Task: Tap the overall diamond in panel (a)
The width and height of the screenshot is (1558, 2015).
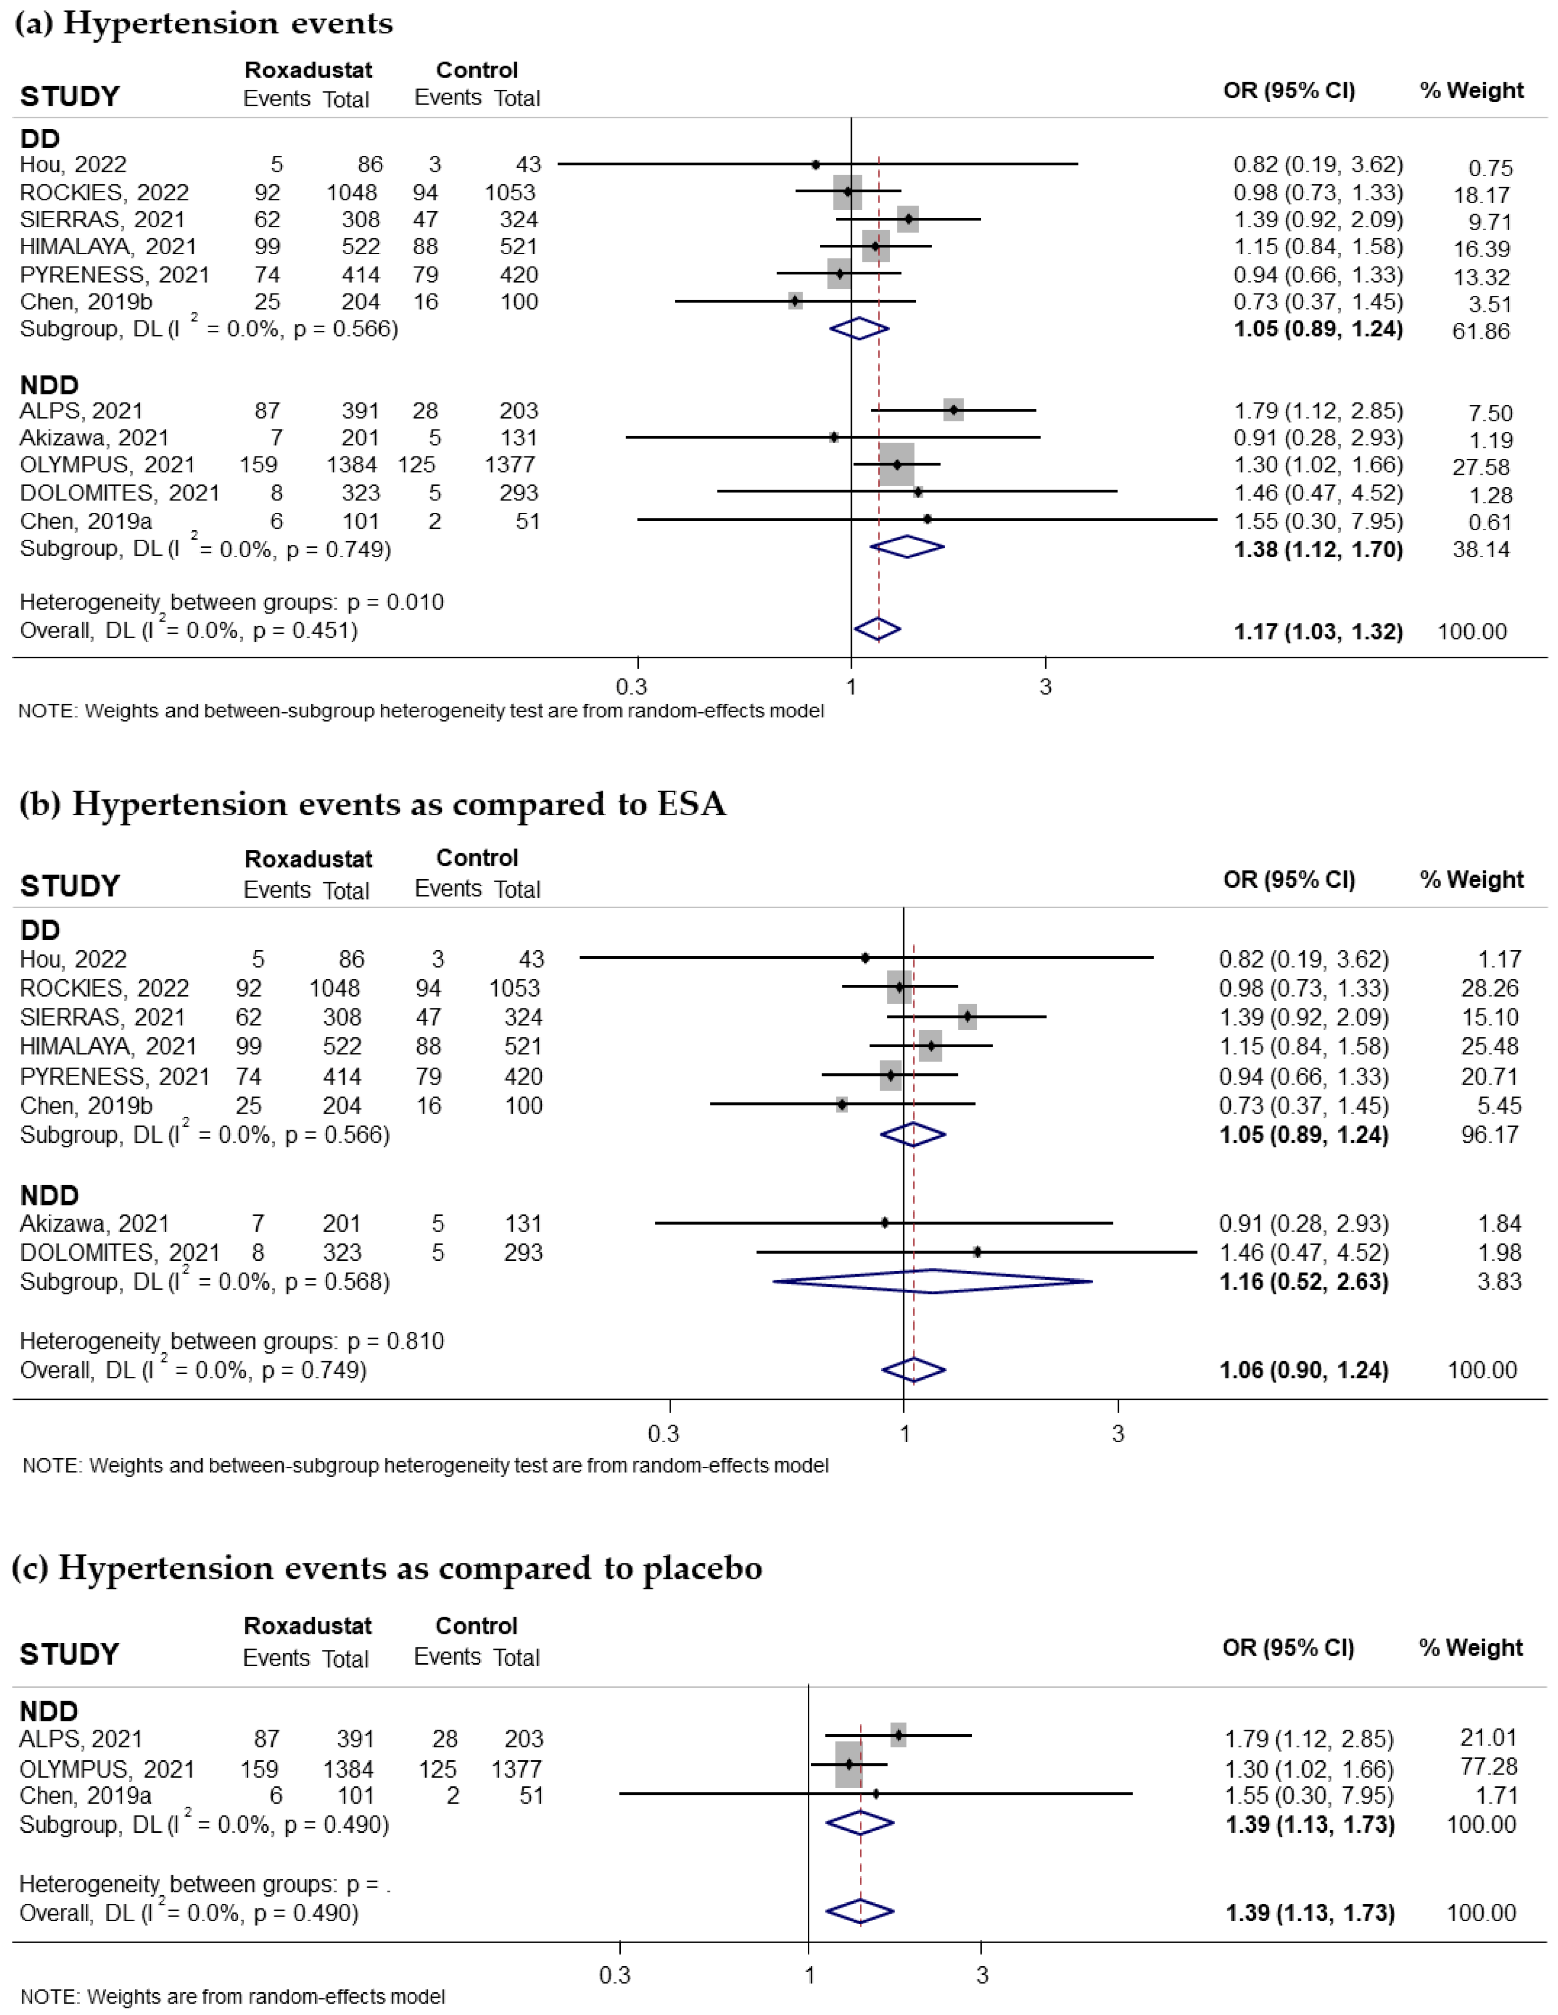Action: pos(877,629)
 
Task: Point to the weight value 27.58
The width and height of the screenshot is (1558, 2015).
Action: pos(1480,467)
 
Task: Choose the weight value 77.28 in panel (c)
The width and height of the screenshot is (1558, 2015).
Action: pos(1488,1766)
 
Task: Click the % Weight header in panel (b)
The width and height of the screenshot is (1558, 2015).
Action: pos(1471,879)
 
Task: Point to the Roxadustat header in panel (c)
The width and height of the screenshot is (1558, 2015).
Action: pos(307,1626)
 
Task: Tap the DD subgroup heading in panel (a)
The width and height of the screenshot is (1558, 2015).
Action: pos(40,138)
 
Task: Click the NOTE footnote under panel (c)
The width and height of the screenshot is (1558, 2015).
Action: pos(233,1997)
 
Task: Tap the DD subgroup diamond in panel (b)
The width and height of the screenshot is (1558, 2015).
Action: pos(913,1134)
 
